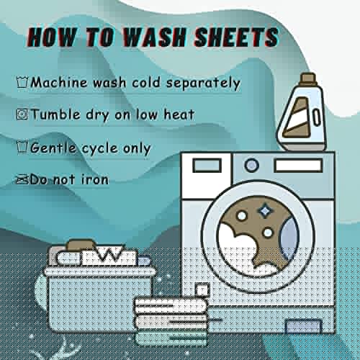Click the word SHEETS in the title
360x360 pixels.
click(x=236, y=37)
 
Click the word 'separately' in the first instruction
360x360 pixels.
click(x=203, y=84)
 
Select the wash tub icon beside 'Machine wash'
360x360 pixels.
click(x=22, y=82)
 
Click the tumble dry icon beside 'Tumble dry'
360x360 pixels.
click(x=22, y=114)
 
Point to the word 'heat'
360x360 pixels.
click(x=179, y=114)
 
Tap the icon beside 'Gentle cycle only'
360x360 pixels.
click(x=22, y=147)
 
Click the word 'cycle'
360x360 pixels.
click(x=100, y=149)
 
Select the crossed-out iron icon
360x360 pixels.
click(x=22, y=179)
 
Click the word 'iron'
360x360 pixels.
click(x=95, y=179)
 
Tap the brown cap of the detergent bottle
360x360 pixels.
click(x=308, y=79)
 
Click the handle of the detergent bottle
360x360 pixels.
click(x=317, y=117)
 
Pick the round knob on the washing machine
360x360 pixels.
click(x=251, y=166)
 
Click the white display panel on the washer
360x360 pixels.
click(x=298, y=166)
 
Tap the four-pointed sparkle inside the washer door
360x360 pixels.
click(x=265, y=210)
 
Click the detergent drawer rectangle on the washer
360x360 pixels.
click(x=207, y=166)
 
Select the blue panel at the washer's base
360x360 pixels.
click(x=303, y=326)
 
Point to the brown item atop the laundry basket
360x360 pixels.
click(x=81, y=246)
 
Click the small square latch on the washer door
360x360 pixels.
click(x=202, y=289)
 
